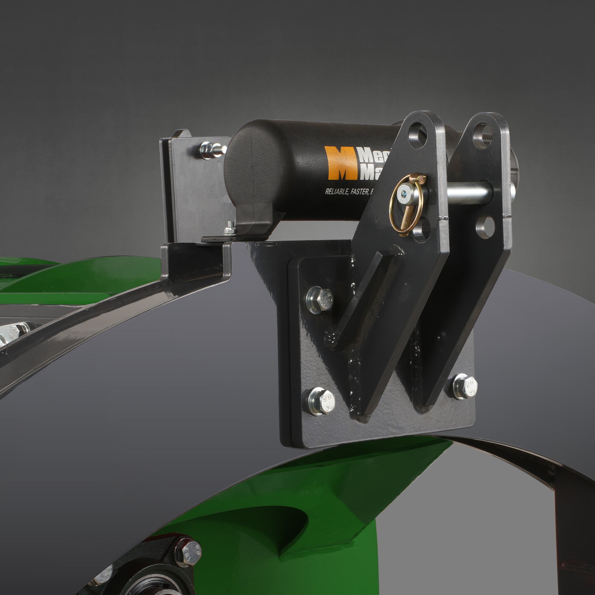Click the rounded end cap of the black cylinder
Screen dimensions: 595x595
[242, 156]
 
